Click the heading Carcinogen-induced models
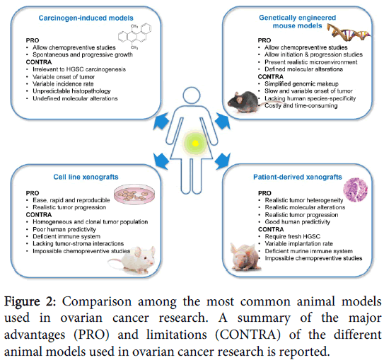(86, 18)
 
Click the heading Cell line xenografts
(86, 177)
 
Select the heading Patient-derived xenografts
(298, 177)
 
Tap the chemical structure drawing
(134, 37)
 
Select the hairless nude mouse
(245, 257)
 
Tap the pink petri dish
(134, 194)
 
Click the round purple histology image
(356, 190)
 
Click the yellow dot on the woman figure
(195, 144)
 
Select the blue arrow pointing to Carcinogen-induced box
(161, 121)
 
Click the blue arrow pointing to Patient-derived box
(223, 161)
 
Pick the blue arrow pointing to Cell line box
(161, 161)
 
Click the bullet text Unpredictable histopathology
(71, 91)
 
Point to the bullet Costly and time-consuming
(301, 105)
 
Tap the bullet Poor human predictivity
(64, 229)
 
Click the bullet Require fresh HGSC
(292, 236)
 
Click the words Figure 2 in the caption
(30, 301)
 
